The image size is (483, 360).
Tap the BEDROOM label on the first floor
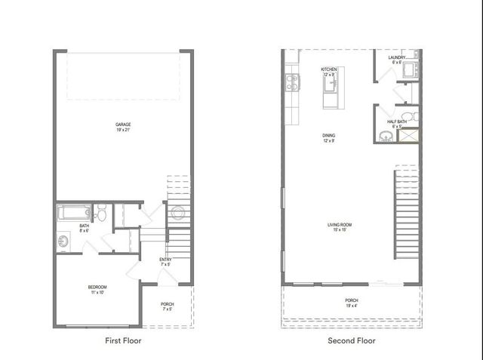97,290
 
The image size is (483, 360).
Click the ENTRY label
165,262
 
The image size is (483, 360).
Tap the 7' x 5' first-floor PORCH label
167,307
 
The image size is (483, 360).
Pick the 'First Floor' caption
122,340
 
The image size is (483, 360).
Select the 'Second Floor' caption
352,340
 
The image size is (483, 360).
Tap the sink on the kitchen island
329,83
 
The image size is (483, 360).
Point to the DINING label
328,138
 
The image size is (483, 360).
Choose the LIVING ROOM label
340,227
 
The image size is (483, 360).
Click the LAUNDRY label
397,60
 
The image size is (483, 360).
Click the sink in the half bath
386,137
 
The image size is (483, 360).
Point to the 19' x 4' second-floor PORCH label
351,303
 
